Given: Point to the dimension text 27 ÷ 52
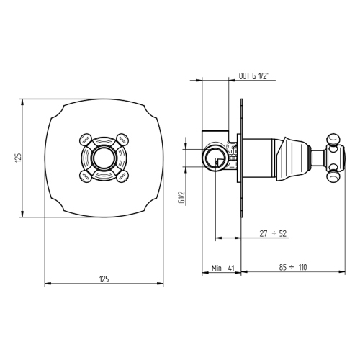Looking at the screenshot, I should pyautogui.click(x=273, y=233).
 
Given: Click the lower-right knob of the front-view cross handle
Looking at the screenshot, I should pyautogui.click(x=122, y=173).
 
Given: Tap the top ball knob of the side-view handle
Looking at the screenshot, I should pyautogui.click(x=334, y=136).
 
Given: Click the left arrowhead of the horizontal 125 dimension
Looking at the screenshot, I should pyautogui.click(x=48, y=284).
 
